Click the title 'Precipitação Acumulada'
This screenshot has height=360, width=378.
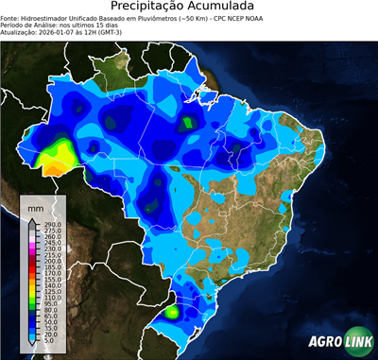[x=189, y=7]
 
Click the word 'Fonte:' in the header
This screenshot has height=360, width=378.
[x=11, y=17]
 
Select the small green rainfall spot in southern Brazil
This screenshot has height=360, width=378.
[x=172, y=311]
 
